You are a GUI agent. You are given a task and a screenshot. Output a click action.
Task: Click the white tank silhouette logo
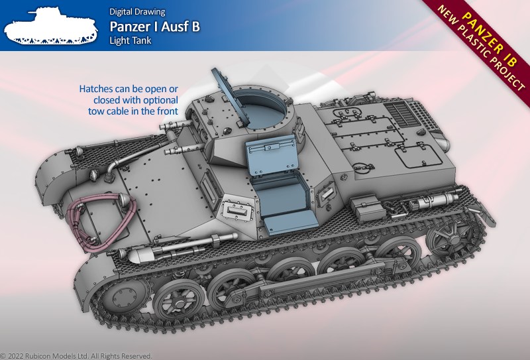pyautogui.click(x=51, y=27)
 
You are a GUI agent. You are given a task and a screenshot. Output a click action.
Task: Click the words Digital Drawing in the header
pyautogui.click(x=137, y=12)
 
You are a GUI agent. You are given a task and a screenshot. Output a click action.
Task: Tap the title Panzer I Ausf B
pyautogui.click(x=155, y=27)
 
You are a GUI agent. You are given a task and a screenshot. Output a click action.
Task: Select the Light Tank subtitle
pyautogui.click(x=130, y=40)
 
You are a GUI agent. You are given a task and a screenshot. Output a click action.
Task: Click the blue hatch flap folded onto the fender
pyautogui.click(x=291, y=223)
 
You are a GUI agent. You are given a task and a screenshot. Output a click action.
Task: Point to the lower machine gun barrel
pyautogui.click(x=185, y=149)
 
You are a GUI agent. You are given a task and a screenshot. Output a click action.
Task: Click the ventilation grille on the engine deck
pyautogui.click(x=403, y=113)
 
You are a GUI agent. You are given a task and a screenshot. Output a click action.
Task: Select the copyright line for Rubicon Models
pyautogui.click(x=76, y=356)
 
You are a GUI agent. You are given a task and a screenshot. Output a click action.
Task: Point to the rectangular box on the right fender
pyautogui.click(x=368, y=207)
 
